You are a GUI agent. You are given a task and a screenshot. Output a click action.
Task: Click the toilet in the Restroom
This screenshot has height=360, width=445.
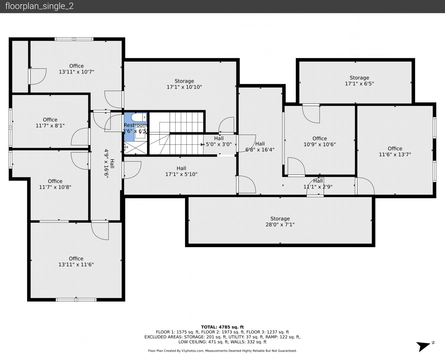tap(139, 117)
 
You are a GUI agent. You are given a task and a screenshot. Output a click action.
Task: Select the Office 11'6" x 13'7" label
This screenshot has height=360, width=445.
tap(395, 151)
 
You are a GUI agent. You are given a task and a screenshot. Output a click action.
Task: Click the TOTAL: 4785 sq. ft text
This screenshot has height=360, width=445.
tap(222, 327)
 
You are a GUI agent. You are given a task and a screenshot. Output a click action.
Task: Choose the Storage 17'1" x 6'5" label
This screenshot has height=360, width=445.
tap(359, 81)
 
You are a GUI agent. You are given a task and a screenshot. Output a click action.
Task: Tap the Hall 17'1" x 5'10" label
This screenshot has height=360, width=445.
tap(181, 171)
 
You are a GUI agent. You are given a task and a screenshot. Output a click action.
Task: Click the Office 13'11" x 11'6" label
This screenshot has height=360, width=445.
tap(76, 261)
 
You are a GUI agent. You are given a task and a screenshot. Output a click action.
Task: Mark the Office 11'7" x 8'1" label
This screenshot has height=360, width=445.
tap(50, 123)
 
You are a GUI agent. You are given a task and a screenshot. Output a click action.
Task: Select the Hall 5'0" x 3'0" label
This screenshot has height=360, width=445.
tap(219, 141)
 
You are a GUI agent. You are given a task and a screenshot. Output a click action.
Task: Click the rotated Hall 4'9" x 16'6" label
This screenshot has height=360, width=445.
tap(109, 164)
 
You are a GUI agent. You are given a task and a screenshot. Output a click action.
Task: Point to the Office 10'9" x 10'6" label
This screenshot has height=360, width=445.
tap(320, 141)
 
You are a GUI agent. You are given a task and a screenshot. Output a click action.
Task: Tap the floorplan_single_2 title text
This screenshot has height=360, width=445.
tap(39, 6)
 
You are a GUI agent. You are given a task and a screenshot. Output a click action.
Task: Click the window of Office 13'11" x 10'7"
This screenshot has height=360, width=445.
tap(74, 39)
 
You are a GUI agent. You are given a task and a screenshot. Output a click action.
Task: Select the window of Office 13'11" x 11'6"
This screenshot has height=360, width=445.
tap(76, 300)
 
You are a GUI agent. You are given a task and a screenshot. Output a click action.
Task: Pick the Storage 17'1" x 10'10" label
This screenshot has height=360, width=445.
tap(184, 84)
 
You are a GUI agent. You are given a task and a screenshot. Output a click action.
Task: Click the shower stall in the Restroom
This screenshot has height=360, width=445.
tap(136, 148)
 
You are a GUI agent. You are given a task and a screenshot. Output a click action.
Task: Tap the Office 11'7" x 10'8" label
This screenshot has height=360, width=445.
tap(55, 184)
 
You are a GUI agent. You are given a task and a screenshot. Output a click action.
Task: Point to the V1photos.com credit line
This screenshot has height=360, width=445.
tap(222, 351)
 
